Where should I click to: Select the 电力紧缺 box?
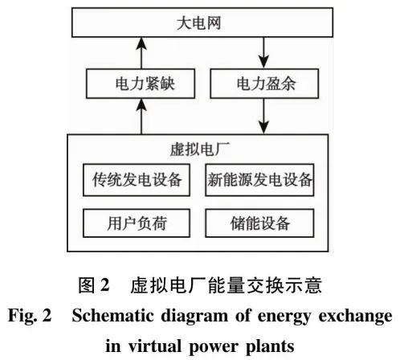pos(142,82)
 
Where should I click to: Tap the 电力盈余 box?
pos(262,82)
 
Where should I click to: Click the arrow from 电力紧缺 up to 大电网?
pos(142,52)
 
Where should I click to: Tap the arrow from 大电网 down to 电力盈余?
pos(262,52)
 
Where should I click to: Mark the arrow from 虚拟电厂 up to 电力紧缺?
pos(142,116)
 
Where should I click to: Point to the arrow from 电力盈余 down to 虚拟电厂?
pos(262,116)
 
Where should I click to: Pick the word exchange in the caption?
pos(355,314)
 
